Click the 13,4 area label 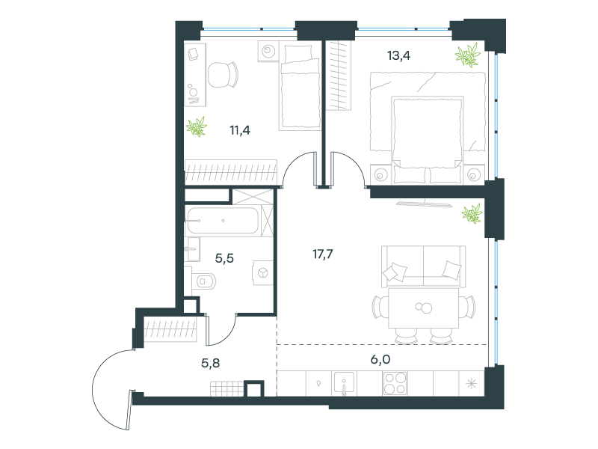point(398,55)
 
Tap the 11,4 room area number point(240,130)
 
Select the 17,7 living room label point(323,254)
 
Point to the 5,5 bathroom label point(224,258)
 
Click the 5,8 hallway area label point(211,363)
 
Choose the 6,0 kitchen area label point(380,359)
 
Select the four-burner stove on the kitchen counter point(395,383)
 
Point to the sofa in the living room point(423,266)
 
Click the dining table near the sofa point(423,308)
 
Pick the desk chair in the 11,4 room point(223,74)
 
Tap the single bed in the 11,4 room point(300,88)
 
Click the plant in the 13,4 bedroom point(468,55)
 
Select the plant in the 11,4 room point(197,126)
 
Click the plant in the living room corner point(472,214)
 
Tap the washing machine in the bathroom point(263,273)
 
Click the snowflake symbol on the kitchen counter point(472,383)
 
